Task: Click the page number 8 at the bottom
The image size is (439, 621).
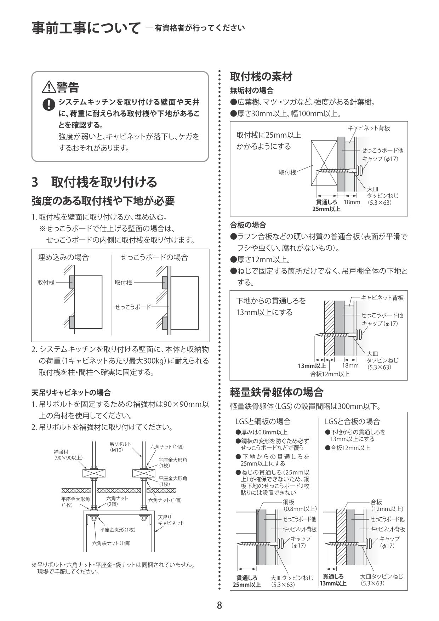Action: pyautogui.click(x=219, y=605)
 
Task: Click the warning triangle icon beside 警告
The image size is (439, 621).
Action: pyautogui.click(x=48, y=87)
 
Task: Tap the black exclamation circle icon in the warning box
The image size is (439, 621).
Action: pyautogui.click(x=48, y=104)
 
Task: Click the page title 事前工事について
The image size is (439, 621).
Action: pyautogui.click(x=85, y=28)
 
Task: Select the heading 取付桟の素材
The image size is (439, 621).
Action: pyautogui.click(x=261, y=76)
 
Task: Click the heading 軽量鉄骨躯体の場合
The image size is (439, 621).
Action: pyautogui.click(x=276, y=392)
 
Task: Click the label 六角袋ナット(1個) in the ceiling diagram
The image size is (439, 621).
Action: pyautogui.click(x=112, y=543)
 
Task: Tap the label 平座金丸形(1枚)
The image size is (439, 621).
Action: pyautogui.click(x=118, y=530)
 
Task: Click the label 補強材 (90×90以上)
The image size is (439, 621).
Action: pyautogui.click(x=68, y=455)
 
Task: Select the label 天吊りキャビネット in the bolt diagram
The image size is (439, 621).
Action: pyautogui.click(x=171, y=520)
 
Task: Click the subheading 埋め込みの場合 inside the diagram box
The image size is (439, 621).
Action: pyautogui.click(x=63, y=257)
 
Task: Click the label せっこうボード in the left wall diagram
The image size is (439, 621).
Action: pyautogui.click(x=132, y=307)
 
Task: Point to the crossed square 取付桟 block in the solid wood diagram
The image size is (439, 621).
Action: pyautogui.click(x=324, y=163)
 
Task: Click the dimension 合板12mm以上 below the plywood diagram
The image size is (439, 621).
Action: pyautogui.click(x=330, y=374)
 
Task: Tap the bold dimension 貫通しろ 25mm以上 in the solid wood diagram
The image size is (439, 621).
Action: pyautogui.click(x=326, y=206)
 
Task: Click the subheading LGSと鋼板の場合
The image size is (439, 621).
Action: pyautogui.click(x=263, y=421)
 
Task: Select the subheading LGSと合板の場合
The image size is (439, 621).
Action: pyautogui.click(x=352, y=421)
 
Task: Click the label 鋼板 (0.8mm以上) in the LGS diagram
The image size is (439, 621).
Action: pyautogui.click(x=300, y=505)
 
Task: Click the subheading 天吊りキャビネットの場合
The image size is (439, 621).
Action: pyautogui.click(x=71, y=392)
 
